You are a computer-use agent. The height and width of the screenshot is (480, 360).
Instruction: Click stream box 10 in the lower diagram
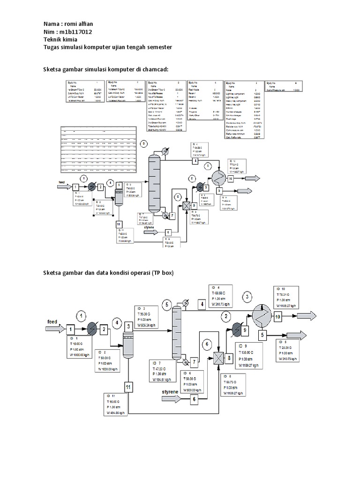(278, 317)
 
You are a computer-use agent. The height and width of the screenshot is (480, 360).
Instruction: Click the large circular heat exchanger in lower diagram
(261, 315)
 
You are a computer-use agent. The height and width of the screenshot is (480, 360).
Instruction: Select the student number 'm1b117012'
(79, 32)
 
